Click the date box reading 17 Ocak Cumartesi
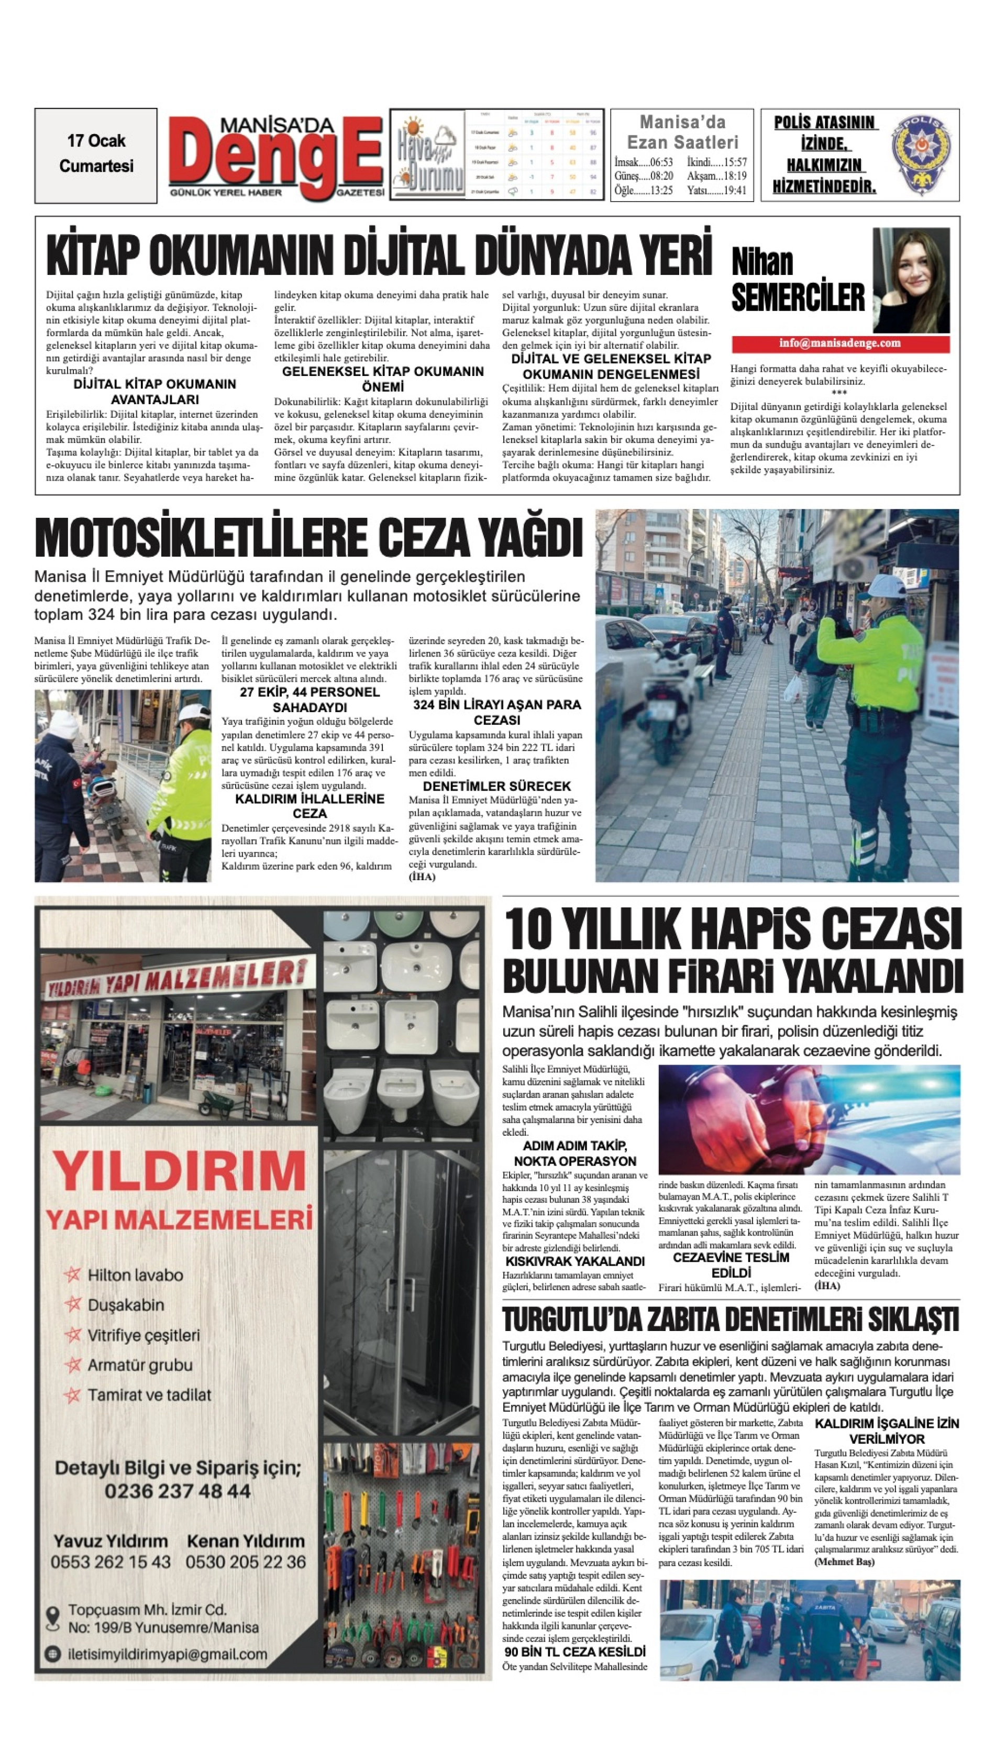coord(96,154)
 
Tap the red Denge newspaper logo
coord(275,156)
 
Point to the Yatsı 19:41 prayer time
coord(717,191)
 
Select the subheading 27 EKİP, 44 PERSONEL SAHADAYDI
coord(309,700)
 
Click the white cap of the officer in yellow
coord(885,585)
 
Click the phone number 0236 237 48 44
coord(178,1491)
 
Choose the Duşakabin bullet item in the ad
coord(126,1305)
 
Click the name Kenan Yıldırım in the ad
coord(245,1542)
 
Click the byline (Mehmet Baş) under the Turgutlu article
coord(844,1562)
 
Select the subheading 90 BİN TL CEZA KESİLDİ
coord(574,1651)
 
